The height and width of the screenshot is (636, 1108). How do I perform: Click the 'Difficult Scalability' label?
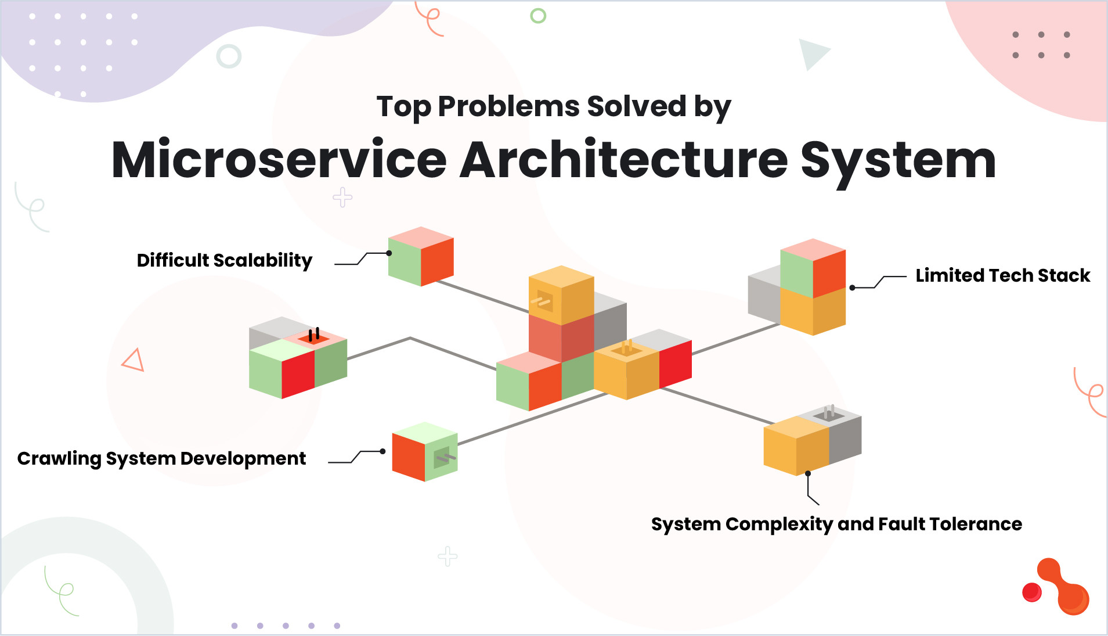pos(224,260)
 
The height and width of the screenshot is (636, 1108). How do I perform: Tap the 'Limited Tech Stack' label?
pos(1002,275)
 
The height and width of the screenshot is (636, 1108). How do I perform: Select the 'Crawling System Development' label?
pos(161,459)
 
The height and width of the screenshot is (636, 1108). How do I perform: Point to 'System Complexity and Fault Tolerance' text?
pos(836,524)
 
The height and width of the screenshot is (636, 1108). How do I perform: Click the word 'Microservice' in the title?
pos(279,160)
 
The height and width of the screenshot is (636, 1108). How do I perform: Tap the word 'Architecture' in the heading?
pos(623,160)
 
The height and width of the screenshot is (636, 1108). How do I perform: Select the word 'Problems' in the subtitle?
pos(508,106)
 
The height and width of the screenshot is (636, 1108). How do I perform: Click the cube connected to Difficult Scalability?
pos(421,257)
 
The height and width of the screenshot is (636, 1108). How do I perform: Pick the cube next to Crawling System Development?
pos(425,452)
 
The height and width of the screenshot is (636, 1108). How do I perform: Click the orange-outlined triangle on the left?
pos(133,360)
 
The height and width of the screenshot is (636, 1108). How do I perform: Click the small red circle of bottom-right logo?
pos(1031,592)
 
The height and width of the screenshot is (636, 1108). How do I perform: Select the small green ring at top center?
pos(538,16)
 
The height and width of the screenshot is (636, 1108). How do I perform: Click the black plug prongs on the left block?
pos(313,335)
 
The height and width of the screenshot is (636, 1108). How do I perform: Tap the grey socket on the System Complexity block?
pos(829,414)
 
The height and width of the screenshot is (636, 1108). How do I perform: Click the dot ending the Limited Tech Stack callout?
pos(852,288)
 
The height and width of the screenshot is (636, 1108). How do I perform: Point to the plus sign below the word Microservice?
pos(342,197)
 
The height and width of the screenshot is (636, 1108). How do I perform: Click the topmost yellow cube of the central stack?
pos(561,293)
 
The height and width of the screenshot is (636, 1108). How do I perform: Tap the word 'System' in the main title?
pos(897,160)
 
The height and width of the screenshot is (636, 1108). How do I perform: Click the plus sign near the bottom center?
pos(447,556)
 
